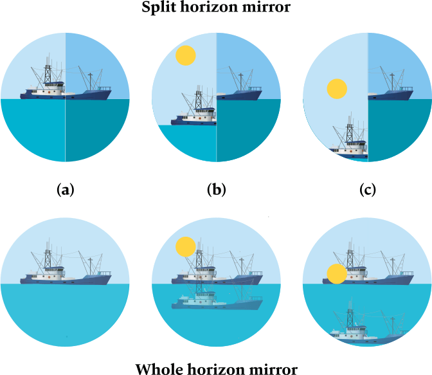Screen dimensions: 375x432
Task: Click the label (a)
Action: click(66, 190)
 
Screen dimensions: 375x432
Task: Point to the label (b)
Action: click(217, 190)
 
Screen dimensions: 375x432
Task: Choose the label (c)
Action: click(367, 190)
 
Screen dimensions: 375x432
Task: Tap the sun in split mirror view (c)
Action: click(336, 89)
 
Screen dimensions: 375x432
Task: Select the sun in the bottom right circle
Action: click(336, 275)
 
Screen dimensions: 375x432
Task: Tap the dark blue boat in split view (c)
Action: click(391, 94)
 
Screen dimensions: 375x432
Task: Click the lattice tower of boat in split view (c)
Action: click(349, 132)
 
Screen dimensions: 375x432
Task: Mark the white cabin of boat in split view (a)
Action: click(48, 88)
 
